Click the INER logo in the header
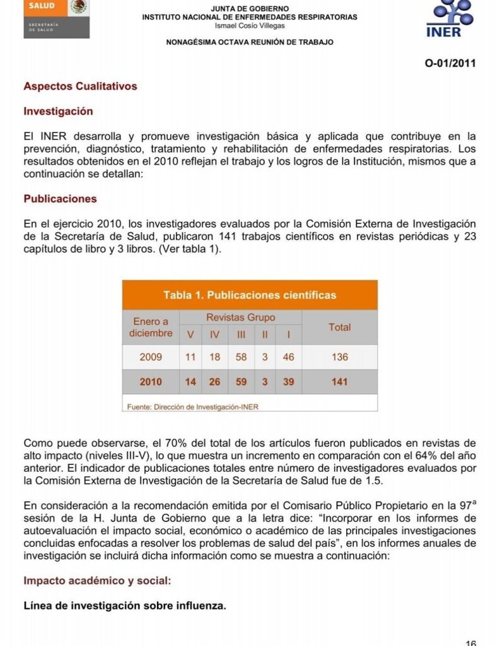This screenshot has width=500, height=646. coord(451,18)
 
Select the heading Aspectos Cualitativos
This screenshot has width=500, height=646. coord(80,86)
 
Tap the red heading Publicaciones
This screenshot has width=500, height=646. coord(61,199)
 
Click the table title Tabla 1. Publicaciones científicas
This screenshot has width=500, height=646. coord(250,295)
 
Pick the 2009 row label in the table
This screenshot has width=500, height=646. coord(151,357)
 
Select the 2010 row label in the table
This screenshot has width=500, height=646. coord(151,382)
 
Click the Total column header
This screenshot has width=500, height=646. coord(339,327)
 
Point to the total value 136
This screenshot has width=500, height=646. coord(339,357)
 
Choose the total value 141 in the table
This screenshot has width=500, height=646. coord(339,382)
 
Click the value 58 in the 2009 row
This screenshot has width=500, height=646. coord(241,357)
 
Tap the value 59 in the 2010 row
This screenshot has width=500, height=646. coord(241,382)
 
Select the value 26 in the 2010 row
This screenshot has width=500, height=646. coord(215,382)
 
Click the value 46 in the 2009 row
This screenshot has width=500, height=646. coord(288,357)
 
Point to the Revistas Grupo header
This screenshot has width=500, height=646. coord(240,317)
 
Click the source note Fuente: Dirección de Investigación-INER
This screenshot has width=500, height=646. coord(192,407)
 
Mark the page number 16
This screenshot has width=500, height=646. coord(470,642)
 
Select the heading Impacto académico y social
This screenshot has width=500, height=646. coord(97,580)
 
